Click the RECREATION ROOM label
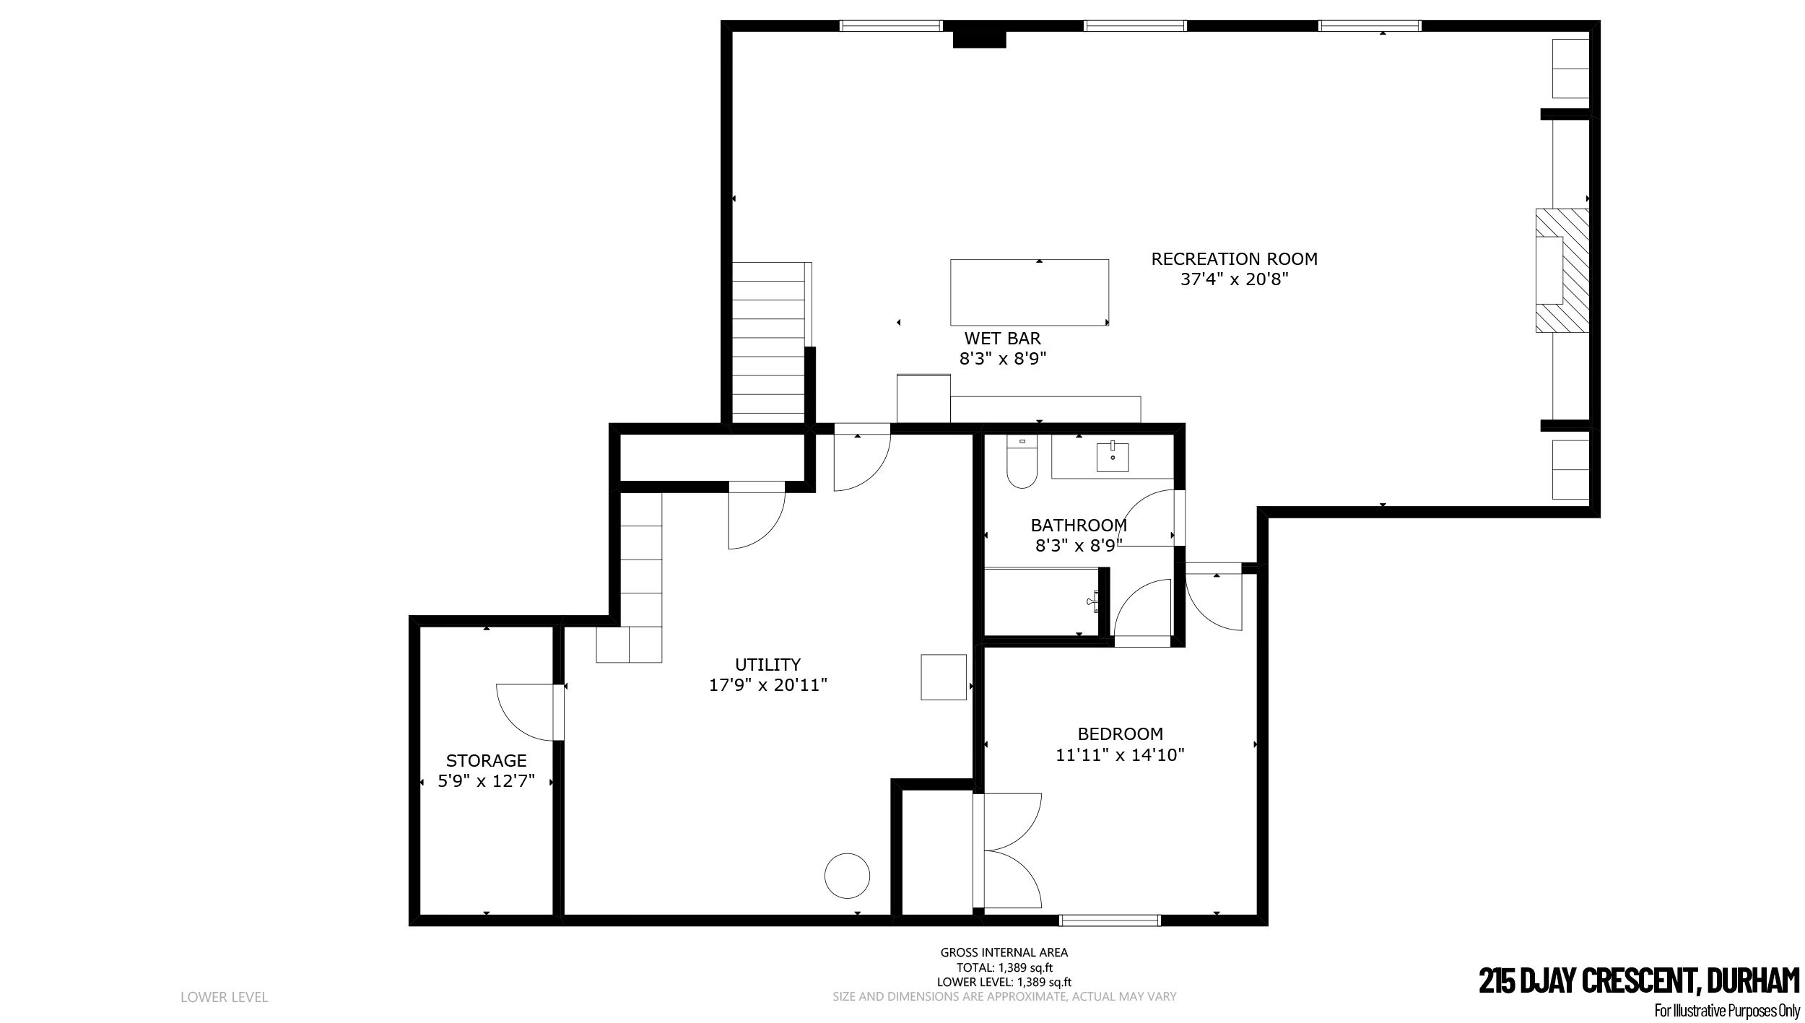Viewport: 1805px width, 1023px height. click(x=1234, y=258)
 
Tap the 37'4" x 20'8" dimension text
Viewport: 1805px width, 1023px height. click(x=1234, y=279)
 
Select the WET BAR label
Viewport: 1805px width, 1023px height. click(x=1003, y=338)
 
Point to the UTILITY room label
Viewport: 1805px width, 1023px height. click(x=767, y=664)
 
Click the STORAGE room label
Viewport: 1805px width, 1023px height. click(x=486, y=760)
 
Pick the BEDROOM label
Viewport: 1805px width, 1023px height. click(x=1121, y=734)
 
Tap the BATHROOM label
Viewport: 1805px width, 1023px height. click(x=1079, y=525)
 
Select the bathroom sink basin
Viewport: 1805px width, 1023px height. click(x=1113, y=457)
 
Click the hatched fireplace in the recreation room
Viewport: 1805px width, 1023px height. click(x=1562, y=271)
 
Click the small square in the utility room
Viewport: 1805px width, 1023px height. click(x=944, y=677)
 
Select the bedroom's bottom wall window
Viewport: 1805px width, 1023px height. click(x=1110, y=920)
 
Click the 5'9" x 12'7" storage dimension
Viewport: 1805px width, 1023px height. click(x=486, y=781)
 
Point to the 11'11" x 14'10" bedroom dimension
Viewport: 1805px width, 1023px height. click(x=1121, y=755)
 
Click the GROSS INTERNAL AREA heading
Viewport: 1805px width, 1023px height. click(x=1004, y=952)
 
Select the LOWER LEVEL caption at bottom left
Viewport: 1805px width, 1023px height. click(x=224, y=998)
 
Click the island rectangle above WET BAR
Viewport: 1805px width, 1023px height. click(x=1030, y=292)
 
